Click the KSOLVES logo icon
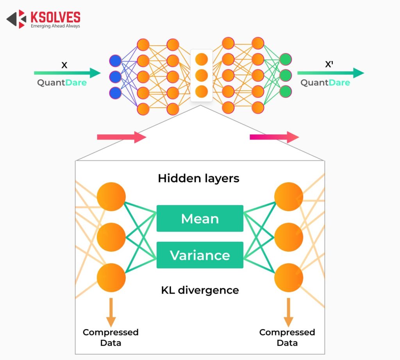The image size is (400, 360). point(17,19)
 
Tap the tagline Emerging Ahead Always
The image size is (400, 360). point(55,26)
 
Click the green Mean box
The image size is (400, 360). point(200,218)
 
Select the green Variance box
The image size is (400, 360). point(200,255)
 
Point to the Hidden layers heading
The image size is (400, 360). point(198,178)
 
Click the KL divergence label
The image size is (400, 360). point(200,290)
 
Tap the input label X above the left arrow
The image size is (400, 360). point(64,65)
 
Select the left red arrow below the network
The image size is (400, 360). point(121,137)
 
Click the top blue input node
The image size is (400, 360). point(115,61)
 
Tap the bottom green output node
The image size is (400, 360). point(286,91)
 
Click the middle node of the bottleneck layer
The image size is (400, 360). point(202,75)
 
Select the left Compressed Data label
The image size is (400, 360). point(111,337)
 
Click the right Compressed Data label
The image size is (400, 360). point(287,337)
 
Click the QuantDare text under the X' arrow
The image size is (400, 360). point(325,83)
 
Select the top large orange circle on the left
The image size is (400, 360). point(111,197)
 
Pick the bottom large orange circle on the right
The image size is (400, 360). point(289,278)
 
